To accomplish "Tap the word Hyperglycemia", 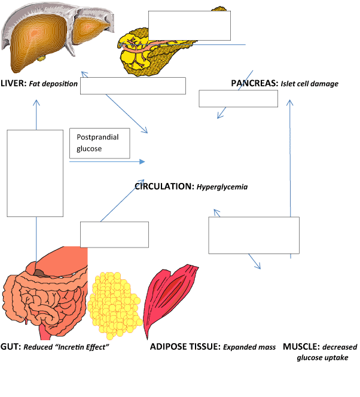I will pyautogui.click(x=222, y=187).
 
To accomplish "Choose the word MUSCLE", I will pyautogui.click(x=301, y=347).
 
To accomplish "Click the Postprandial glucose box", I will pyautogui.click(x=99, y=143).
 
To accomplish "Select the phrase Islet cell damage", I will pyautogui.click(x=310, y=84).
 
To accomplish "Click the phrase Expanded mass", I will pyautogui.click(x=249, y=347).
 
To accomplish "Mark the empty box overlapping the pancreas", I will pyautogui.click(x=189, y=25).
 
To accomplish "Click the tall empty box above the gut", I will pyautogui.click(x=35, y=173).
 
